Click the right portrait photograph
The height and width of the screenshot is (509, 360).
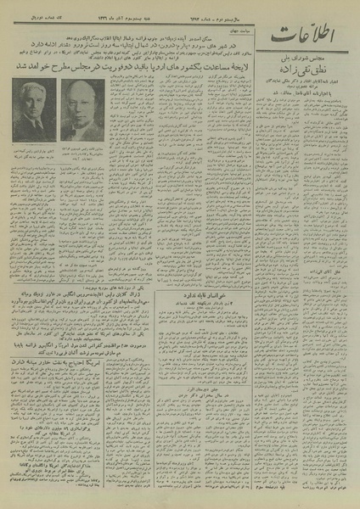[x=82, y=110]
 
